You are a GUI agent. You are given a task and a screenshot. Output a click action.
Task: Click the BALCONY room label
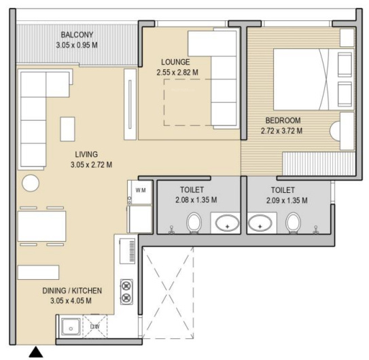tap(77, 35)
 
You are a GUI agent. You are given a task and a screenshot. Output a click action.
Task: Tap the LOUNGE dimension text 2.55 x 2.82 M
tap(177, 72)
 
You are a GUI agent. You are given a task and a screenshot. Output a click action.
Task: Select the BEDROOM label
tap(283, 120)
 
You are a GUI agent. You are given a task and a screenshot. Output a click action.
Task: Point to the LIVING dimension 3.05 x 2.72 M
tap(91, 164)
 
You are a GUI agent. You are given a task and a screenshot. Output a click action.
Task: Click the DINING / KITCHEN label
tap(72, 291)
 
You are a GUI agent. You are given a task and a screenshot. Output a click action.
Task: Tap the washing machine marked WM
tap(140, 192)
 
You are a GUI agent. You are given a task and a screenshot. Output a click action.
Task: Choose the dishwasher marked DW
tap(95, 326)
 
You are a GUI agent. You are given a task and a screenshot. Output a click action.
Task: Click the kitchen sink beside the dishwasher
tap(71, 327)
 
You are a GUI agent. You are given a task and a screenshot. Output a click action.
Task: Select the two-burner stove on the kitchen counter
tap(126, 292)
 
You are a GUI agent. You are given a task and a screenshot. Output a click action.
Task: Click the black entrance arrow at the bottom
tap(36, 352)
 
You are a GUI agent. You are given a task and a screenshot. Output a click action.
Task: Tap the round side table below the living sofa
tap(31, 183)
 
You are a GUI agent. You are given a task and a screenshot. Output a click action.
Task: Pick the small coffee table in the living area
tap(67, 129)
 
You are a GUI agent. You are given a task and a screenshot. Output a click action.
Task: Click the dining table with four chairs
tap(41, 226)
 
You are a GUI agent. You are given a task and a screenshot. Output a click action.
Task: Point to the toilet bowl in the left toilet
tap(194, 223)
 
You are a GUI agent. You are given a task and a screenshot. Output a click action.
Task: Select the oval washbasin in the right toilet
tap(260, 223)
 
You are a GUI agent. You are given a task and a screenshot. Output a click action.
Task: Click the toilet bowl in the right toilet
tap(293, 223)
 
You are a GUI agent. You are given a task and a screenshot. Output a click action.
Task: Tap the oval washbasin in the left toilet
tap(228, 223)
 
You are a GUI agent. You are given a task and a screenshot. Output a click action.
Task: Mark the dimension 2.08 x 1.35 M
tap(196, 200)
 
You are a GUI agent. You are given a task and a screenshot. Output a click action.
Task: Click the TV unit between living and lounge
tap(130, 105)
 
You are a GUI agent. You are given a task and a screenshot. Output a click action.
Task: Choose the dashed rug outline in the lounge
tap(164, 102)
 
